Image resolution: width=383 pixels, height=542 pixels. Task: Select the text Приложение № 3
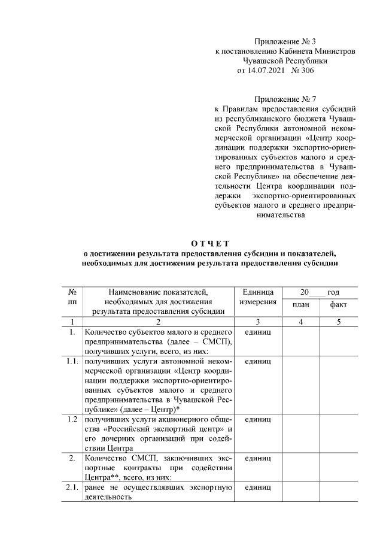(x=284, y=41)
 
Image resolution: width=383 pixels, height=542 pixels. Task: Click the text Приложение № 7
(x=284, y=99)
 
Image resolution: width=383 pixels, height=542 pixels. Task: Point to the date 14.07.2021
(x=266, y=70)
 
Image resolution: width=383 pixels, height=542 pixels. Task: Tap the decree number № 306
(x=302, y=70)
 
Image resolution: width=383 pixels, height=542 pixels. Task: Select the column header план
(x=301, y=305)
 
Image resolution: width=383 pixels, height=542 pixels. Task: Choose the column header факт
(x=338, y=305)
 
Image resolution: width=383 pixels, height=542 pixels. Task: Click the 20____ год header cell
(x=320, y=292)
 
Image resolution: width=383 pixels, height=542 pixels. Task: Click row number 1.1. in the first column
(x=72, y=362)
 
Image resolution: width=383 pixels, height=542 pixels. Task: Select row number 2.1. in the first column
(x=72, y=488)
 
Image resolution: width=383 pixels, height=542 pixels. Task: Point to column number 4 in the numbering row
(x=301, y=322)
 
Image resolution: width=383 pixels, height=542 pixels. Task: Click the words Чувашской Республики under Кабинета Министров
(x=284, y=60)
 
